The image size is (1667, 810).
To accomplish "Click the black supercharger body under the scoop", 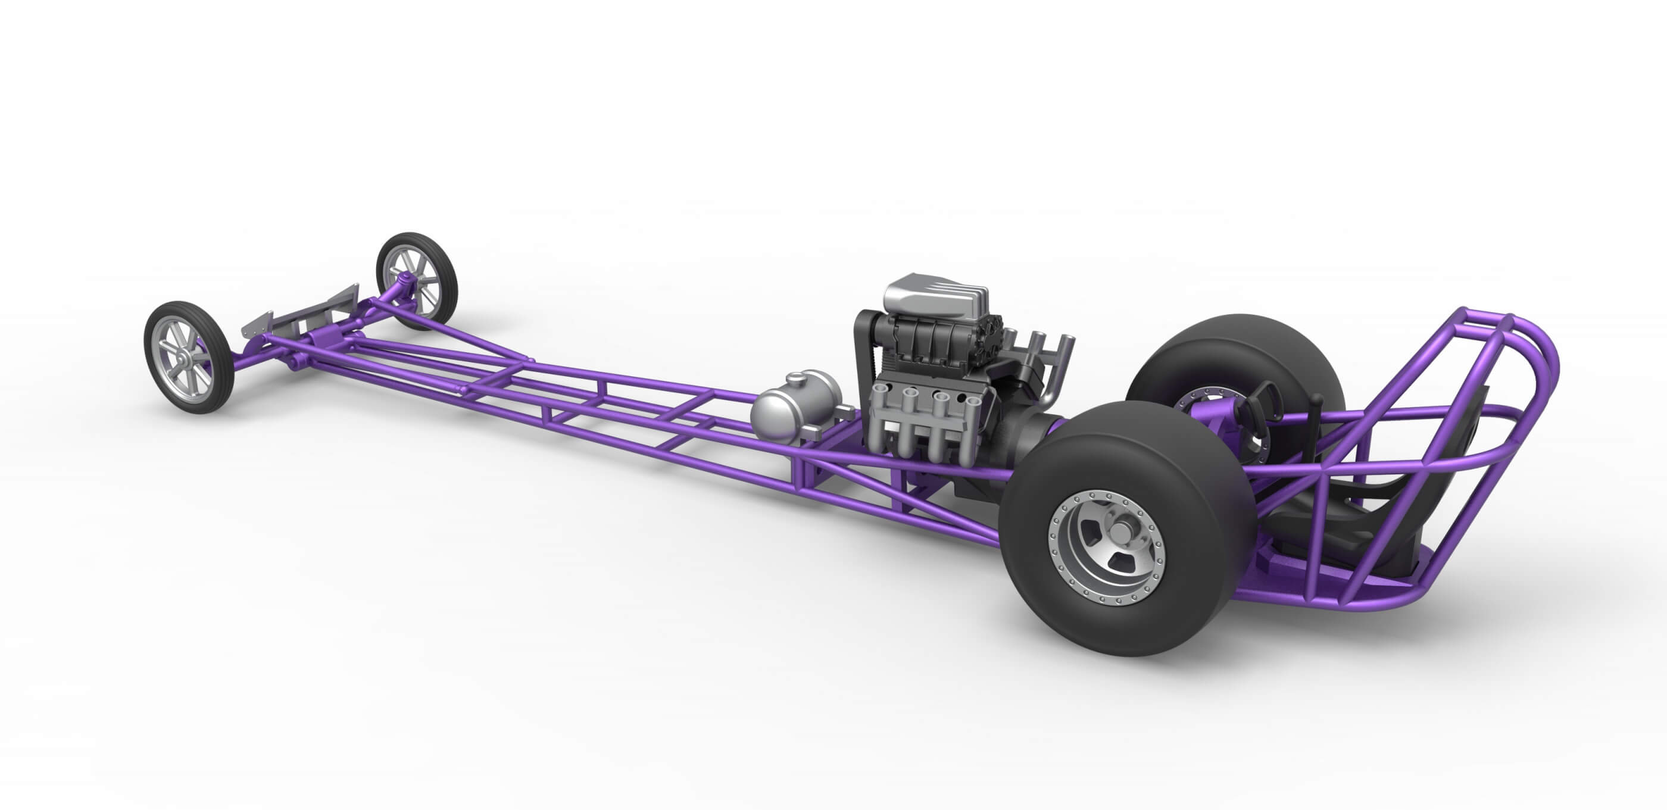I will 932,349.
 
